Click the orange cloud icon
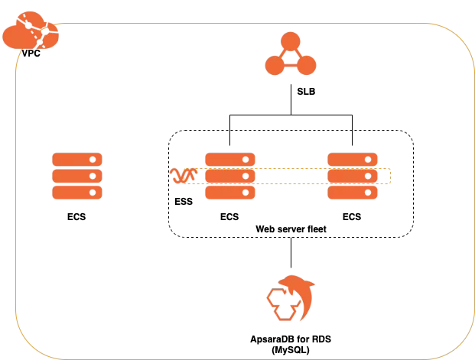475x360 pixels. tap(29, 33)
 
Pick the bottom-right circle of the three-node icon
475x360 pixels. tap(307, 67)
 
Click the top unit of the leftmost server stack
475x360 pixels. tap(77, 160)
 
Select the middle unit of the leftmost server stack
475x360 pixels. tap(77, 177)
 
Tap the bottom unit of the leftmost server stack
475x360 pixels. tap(77, 193)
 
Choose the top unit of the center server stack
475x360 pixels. tap(229, 160)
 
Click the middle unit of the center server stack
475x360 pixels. tap(229, 177)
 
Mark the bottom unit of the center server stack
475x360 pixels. tap(229, 193)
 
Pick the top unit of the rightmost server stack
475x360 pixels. tap(352, 160)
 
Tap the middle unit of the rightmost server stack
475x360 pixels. tap(352, 177)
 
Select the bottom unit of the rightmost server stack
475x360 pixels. tap(352, 193)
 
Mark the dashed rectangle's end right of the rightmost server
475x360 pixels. tap(389, 177)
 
